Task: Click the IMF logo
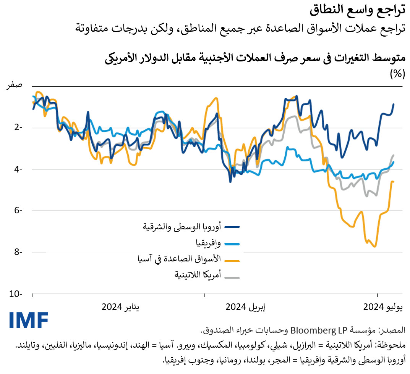click(x=29, y=320)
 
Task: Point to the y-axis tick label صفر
click(x=14, y=85)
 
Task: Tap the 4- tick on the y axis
click(x=18, y=169)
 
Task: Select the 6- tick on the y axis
click(x=18, y=210)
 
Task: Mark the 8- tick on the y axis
click(x=18, y=252)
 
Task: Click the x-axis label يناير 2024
click(x=120, y=307)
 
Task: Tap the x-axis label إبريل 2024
click(x=245, y=307)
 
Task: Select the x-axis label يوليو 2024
click(x=382, y=307)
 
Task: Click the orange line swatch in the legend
click(x=232, y=260)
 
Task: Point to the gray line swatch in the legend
click(x=232, y=277)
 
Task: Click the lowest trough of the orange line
click(x=375, y=247)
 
